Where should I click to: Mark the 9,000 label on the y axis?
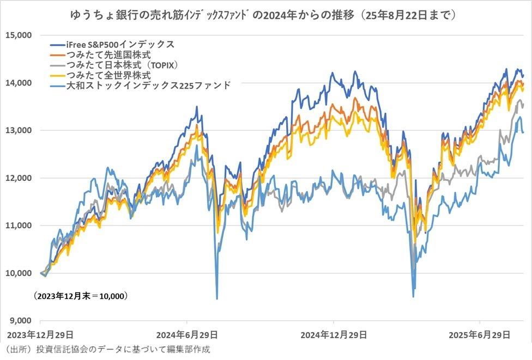[x=19, y=321]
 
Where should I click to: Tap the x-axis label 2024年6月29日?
[x=186, y=334]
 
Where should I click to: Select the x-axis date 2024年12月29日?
[x=333, y=334]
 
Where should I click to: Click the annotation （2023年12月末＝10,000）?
[x=80, y=296]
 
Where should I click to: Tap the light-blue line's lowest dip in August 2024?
[x=217, y=298]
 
